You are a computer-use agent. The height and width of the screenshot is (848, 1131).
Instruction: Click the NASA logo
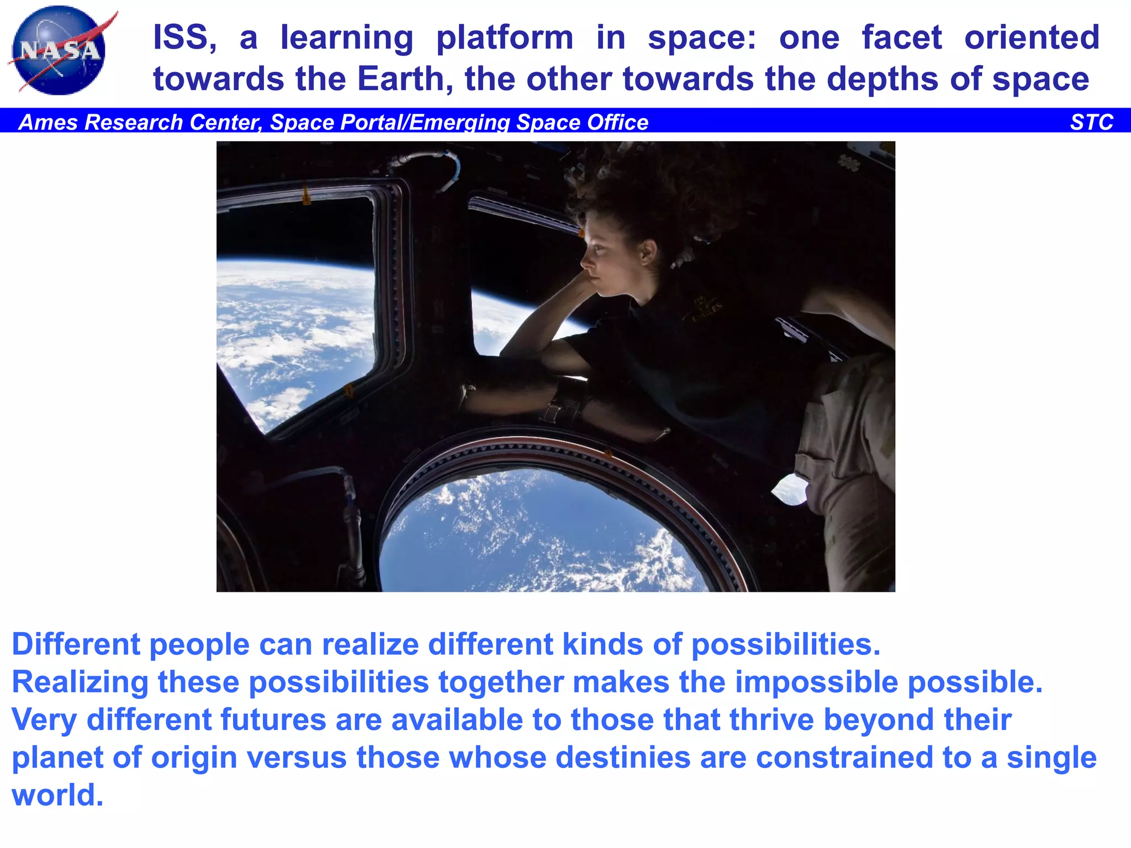[60, 51]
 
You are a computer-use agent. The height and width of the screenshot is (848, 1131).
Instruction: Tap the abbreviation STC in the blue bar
[1091, 122]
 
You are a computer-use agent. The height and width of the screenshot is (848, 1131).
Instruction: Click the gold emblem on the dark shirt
[704, 309]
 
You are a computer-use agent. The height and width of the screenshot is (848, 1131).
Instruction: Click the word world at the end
[57, 795]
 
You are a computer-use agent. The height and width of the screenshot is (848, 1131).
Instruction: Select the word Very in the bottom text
[44, 720]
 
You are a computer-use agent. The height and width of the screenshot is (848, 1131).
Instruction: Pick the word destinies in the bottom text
[622, 757]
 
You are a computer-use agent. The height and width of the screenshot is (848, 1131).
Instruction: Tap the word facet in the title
[902, 38]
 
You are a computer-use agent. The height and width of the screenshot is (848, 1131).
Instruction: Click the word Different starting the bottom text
[76, 644]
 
